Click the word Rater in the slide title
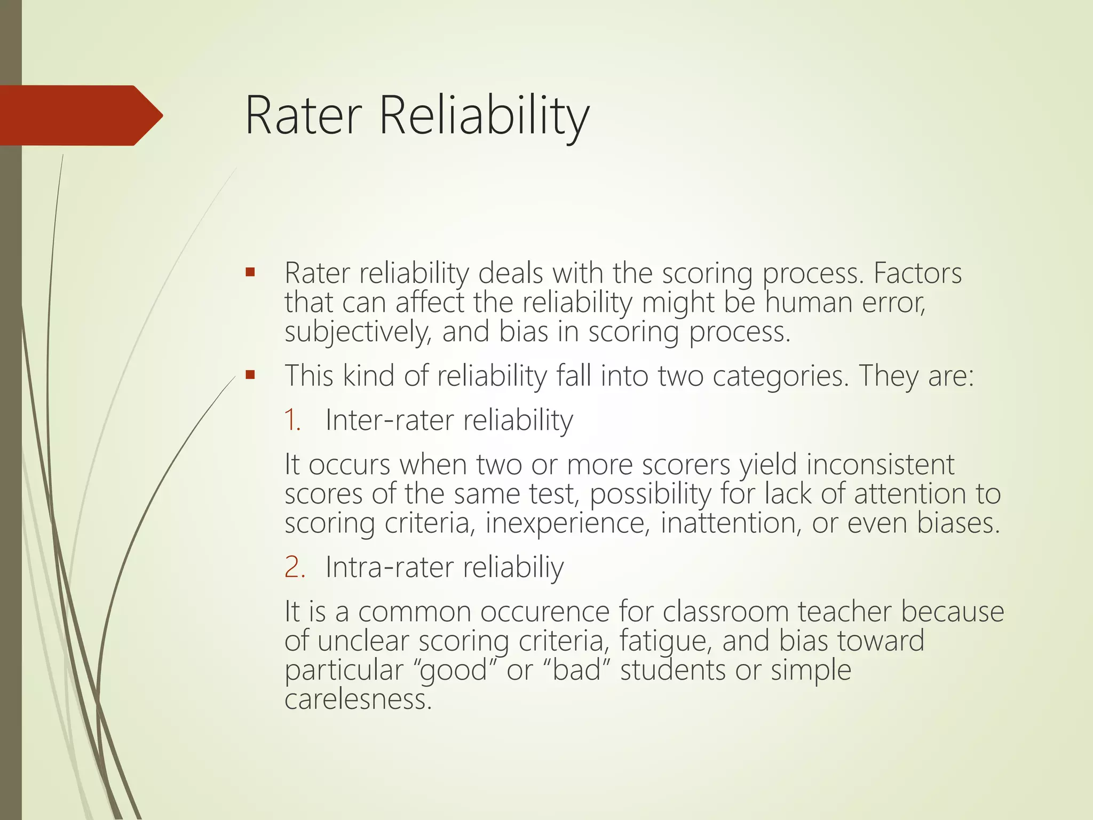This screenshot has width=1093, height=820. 304,116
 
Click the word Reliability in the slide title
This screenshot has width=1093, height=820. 484,116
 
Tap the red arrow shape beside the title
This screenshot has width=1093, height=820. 80,115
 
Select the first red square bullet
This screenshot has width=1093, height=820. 250,273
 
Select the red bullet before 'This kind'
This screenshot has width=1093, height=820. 250,375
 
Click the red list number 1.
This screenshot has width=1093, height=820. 292,420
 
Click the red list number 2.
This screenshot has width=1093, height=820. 295,567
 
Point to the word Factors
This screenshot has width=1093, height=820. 917,273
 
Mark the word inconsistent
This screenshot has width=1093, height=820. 880,464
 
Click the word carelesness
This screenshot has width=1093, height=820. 357,699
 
